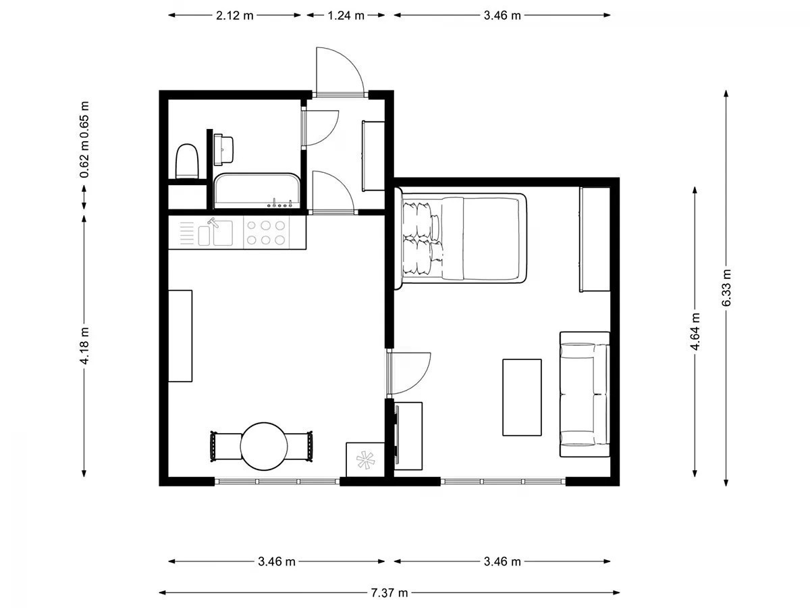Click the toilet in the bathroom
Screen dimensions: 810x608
click(x=187, y=161)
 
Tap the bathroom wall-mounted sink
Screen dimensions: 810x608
click(x=223, y=149)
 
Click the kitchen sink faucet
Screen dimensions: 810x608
click(x=213, y=222)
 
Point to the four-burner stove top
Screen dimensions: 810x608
click(x=266, y=232)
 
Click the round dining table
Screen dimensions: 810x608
click(x=264, y=447)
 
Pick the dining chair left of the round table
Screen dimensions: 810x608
click(x=225, y=447)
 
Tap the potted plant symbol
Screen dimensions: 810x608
click(x=365, y=460)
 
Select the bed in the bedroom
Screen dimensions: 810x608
click(x=460, y=240)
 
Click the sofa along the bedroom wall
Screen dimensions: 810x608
click(x=585, y=395)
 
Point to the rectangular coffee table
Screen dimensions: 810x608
click(x=522, y=397)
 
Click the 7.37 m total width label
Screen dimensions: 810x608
click(x=389, y=593)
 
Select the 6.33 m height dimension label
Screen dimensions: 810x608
click(x=726, y=288)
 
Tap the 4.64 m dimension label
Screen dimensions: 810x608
click(x=695, y=332)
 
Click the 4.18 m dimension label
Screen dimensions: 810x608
click(x=84, y=346)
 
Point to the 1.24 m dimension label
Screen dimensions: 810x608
click(x=346, y=16)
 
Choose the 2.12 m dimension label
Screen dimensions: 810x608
click(x=235, y=16)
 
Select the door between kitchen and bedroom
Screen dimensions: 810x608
click(x=408, y=374)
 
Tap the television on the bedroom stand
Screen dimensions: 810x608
click(x=397, y=434)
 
